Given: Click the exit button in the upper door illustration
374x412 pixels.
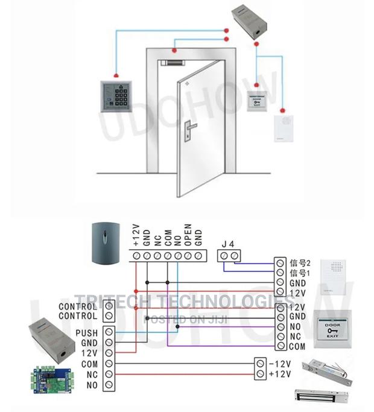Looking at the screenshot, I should click(259, 101).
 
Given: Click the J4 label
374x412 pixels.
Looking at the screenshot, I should click(227, 243).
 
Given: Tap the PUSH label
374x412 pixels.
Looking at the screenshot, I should click(87, 332).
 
